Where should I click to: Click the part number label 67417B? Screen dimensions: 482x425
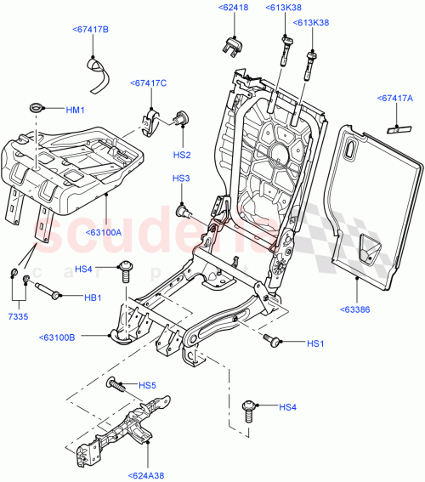point(90,30)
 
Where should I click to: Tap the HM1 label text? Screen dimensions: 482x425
point(76,110)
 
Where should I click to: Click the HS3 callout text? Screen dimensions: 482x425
point(180,179)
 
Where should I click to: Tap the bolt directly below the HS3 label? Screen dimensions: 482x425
point(181,209)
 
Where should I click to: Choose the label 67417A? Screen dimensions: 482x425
point(395,99)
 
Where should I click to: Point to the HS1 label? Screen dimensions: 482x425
point(315,343)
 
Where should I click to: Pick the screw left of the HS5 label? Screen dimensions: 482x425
point(116,386)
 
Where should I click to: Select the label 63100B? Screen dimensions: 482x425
point(58,337)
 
